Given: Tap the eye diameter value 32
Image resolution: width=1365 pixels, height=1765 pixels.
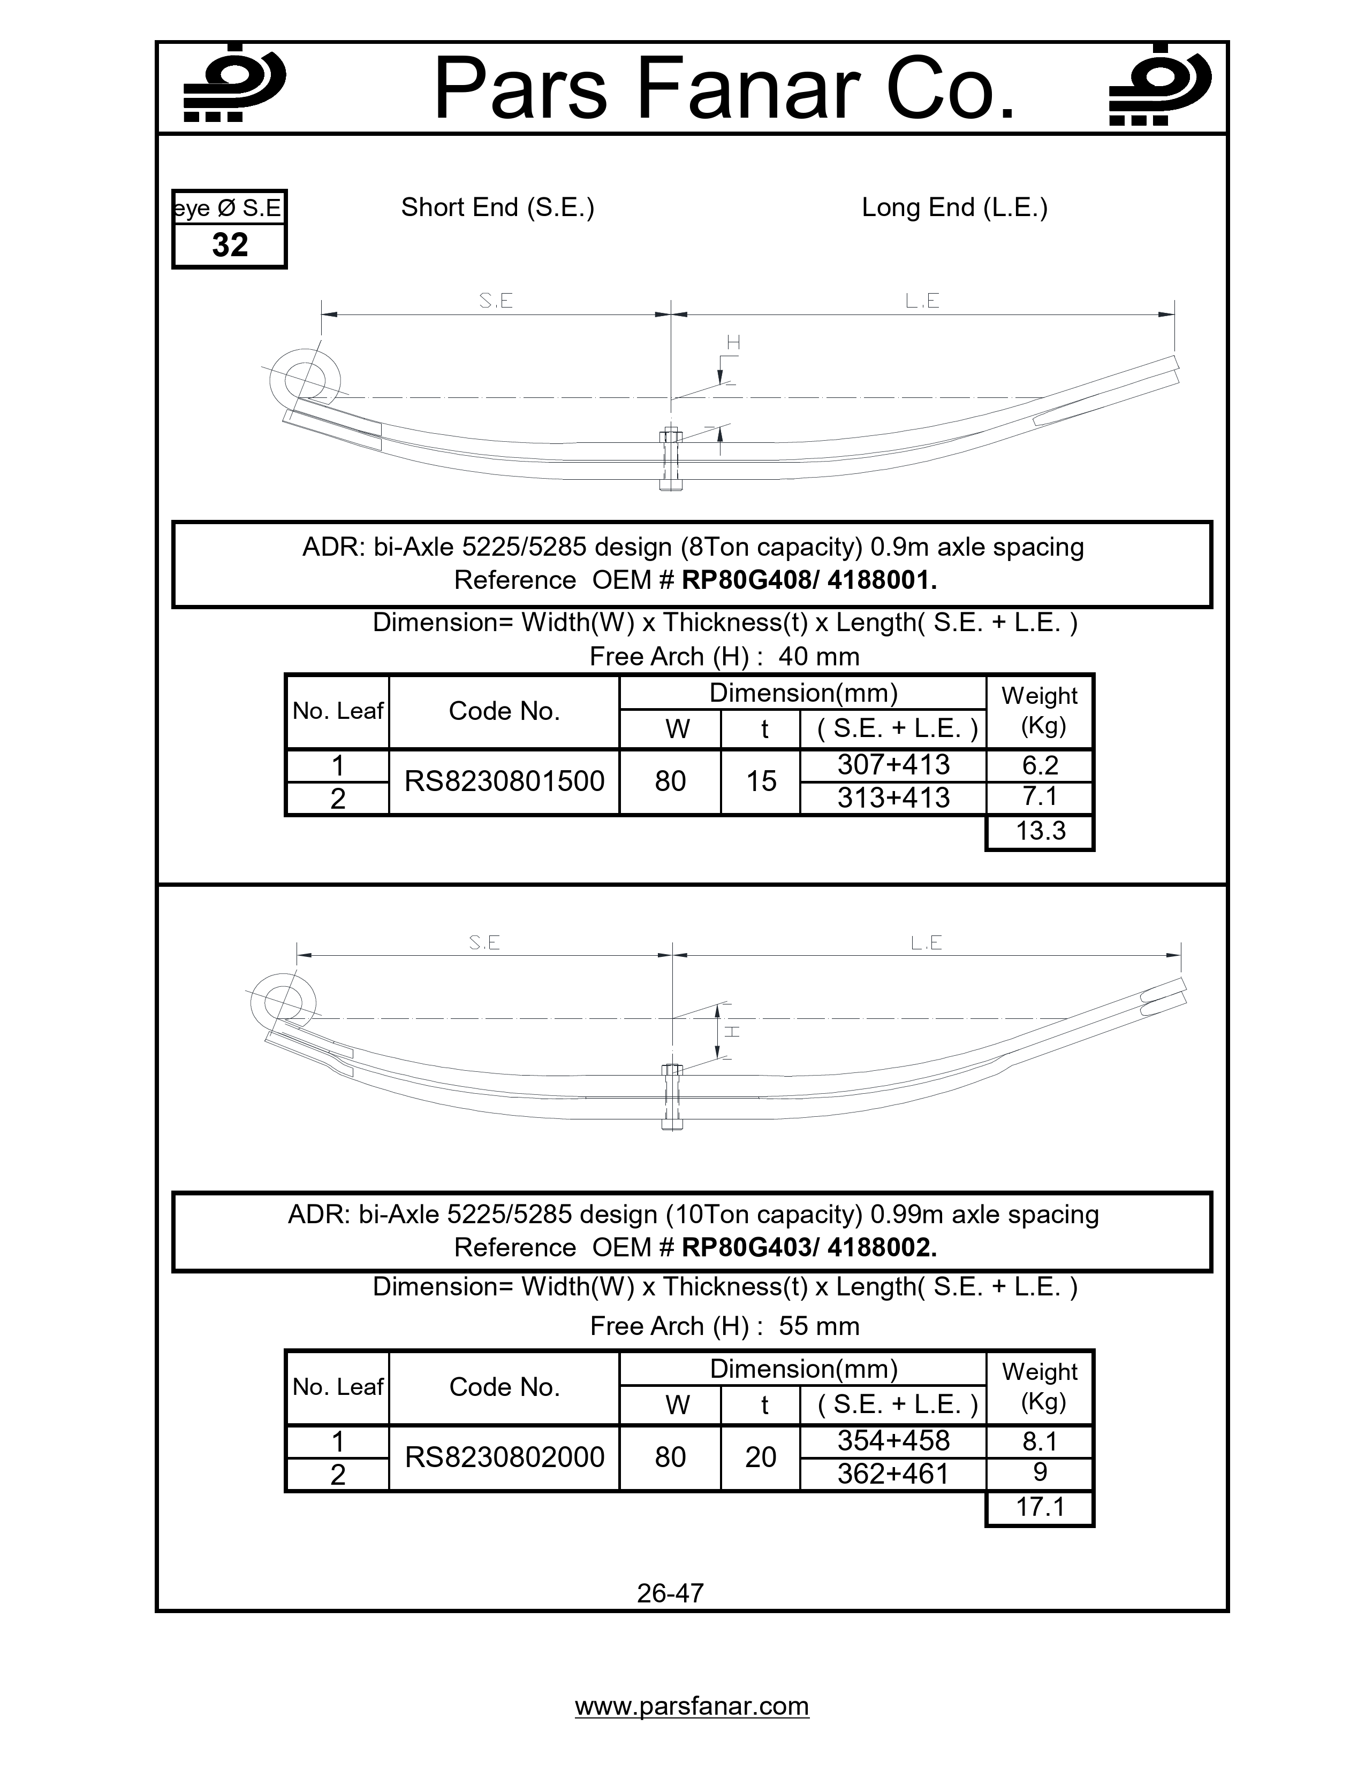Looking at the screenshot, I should point(230,245).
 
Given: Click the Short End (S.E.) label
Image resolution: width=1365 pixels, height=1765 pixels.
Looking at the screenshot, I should point(497,208).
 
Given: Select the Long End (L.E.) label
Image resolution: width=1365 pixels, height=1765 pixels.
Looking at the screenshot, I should point(954,208).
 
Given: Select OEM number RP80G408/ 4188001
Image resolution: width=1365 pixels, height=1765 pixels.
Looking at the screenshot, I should point(809,580).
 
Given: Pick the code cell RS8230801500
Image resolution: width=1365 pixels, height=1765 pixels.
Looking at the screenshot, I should point(504,781).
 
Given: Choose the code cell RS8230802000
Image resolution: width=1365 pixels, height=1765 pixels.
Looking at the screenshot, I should point(504,1457).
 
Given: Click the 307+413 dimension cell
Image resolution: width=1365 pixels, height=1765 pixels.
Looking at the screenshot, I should point(893,764).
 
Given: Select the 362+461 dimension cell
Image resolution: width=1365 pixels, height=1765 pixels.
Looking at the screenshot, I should point(893,1474).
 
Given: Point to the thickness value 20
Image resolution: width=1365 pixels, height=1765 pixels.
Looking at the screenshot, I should point(760,1457).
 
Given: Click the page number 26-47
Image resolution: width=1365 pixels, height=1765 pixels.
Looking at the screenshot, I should point(670,1593).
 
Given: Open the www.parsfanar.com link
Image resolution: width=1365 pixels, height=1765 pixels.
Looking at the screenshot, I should point(692,1706).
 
